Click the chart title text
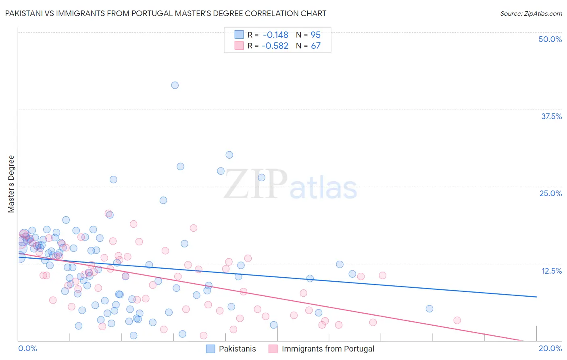[165, 14]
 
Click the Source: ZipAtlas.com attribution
[531, 14]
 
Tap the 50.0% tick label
[550, 39]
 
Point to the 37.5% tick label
[551, 116]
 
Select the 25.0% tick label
[550, 193]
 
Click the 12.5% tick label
[551, 271]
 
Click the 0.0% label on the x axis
[27, 348]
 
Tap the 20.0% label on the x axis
[550, 348]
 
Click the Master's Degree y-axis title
[11, 184]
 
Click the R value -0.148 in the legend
[275, 35]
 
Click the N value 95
[315, 35]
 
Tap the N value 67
[315, 46]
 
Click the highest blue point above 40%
[175, 85]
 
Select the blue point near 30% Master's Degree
[229, 155]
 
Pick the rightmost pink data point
[457, 320]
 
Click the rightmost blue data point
[429, 309]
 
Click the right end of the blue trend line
[536, 297]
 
